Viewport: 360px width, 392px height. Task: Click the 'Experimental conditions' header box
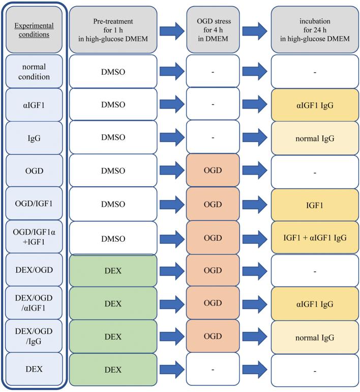34,30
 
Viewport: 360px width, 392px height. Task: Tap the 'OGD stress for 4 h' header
213,30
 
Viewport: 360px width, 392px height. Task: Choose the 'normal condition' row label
34,71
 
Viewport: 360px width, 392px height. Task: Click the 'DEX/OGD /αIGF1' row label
34,303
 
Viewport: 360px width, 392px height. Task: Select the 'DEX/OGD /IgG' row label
34,337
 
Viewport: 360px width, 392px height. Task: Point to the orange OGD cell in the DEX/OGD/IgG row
213,337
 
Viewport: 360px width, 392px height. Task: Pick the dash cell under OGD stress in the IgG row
213,137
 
